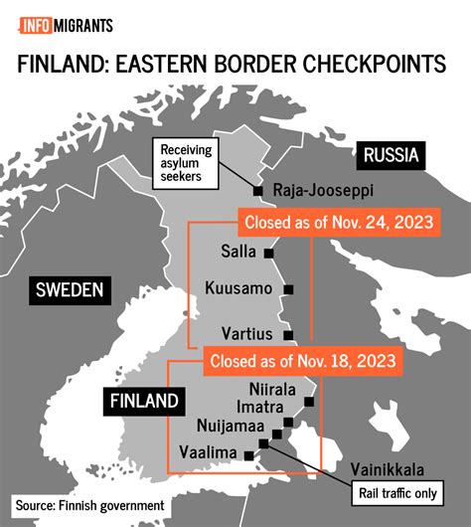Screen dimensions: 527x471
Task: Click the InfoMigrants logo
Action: pyautogui.click(x=62, y=25)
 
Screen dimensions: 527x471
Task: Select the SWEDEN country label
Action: pyautogui.click(x=70, y=289)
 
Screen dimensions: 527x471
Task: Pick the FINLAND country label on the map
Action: pyautogui.click(x=145, y=402)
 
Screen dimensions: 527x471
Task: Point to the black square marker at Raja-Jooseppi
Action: pyautogui.click(x=257, y=190)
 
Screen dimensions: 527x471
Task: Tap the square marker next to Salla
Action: pyautogui.click(x=267, y=254)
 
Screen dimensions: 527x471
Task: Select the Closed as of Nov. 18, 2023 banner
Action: pyautogui.click(x=302, y=360)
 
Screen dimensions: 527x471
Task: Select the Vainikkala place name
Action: pyautogui.click(x=392, y=468)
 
